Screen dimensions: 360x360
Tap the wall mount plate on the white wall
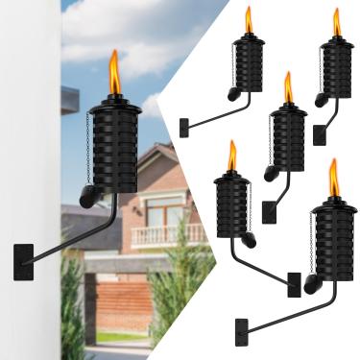[23, 261]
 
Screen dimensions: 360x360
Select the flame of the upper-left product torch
[248, 20]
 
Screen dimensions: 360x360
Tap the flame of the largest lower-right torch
[333, 177]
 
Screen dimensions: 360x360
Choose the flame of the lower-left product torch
[232, 155]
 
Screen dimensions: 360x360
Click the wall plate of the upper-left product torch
[183, 127]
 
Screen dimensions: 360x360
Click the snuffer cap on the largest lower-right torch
[312, 284]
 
